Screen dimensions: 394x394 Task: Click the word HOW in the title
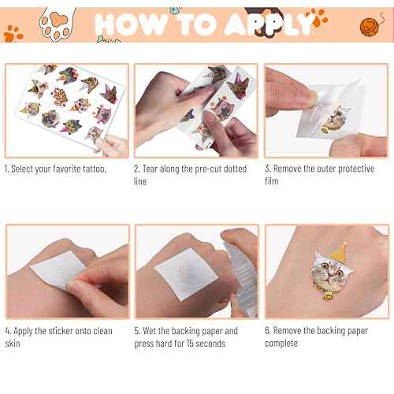pos(132,24)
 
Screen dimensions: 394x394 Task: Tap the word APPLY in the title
pos(268,24)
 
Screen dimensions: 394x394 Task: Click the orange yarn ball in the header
pos(371,24)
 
